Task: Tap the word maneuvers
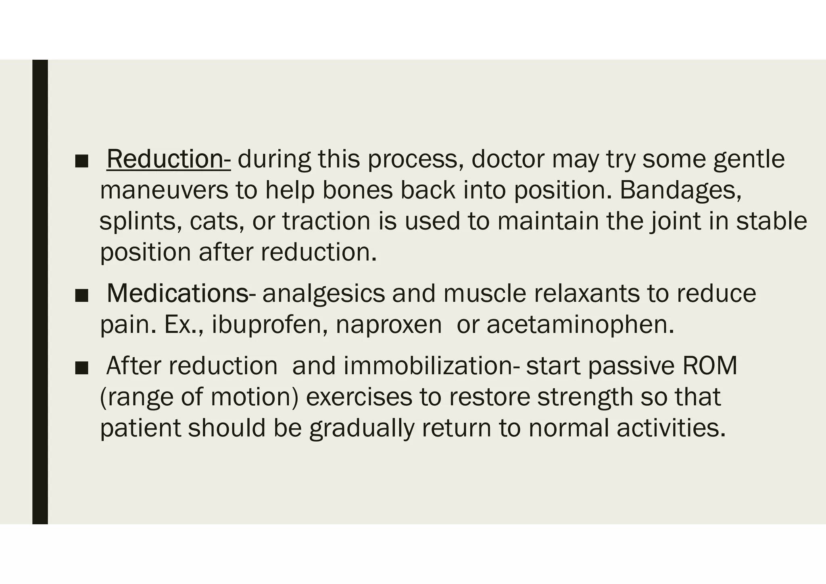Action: (x=164, y=190)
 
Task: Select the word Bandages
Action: (x=680, y=190)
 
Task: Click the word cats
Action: (x=217, y=221)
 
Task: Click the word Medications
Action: (x=177, y=293)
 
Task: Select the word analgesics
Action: (x=324, y=293)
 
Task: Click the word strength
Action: (x=585, y=397)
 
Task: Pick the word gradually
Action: (x=362, y=428)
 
